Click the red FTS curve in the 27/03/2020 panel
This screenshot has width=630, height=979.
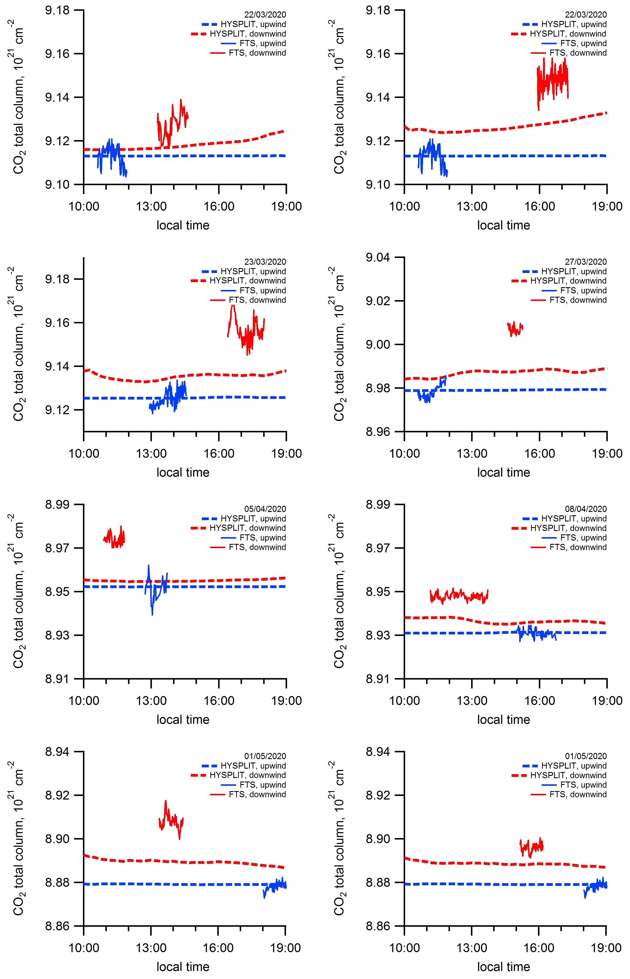pyautogui.click(x=515, y=329)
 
